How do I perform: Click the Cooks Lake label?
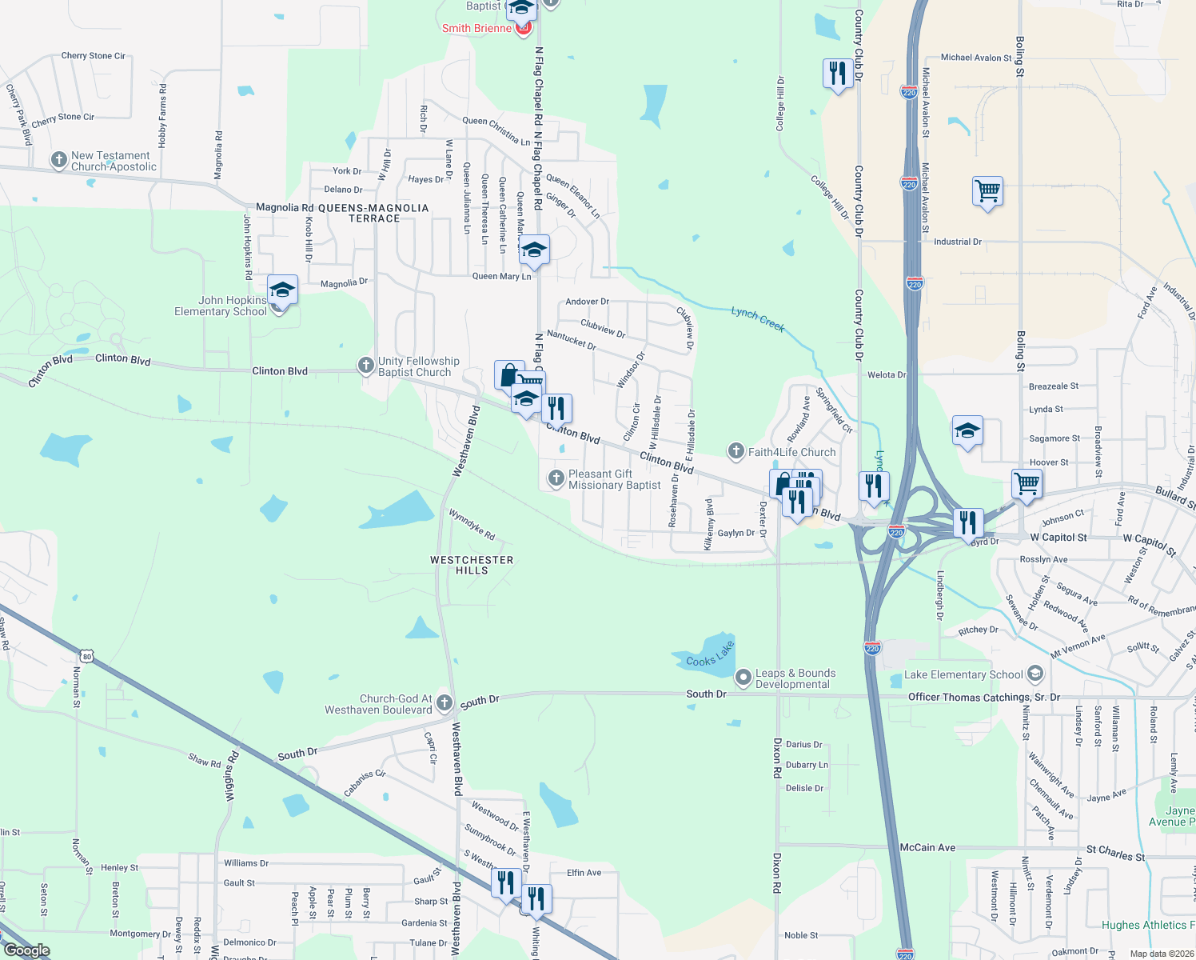(x=710, y=654)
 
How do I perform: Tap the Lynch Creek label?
(x=757, y=319)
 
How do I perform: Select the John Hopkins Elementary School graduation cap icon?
(x=282, y=290)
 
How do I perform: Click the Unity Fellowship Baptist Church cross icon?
(x=365, y=366)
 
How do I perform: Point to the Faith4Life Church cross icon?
(x=736, y=452)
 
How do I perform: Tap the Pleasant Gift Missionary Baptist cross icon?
(x=556, y=479)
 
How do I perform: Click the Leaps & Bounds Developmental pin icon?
(x=743, y=678)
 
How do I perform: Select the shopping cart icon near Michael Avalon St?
(x=988, y=192)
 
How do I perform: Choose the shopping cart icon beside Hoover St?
(x=1027, y=483)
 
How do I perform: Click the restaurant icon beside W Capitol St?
(x=967, y=522)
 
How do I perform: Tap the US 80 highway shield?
(x=87, y=657)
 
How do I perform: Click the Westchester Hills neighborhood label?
(x=472, y=565)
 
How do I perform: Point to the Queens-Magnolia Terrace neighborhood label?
(x=373, y=213)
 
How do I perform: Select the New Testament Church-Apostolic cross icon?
(x=58, y=160)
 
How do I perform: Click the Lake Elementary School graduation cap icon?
(x=1035, y=674)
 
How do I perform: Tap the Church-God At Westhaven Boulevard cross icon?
(x=445, y=703)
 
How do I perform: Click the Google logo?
(x=27, y=950)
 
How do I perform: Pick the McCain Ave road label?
(x=927, y=847)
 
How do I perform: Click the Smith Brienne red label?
(x=476, y=28)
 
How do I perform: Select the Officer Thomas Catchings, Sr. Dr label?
(x=983, y=697)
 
